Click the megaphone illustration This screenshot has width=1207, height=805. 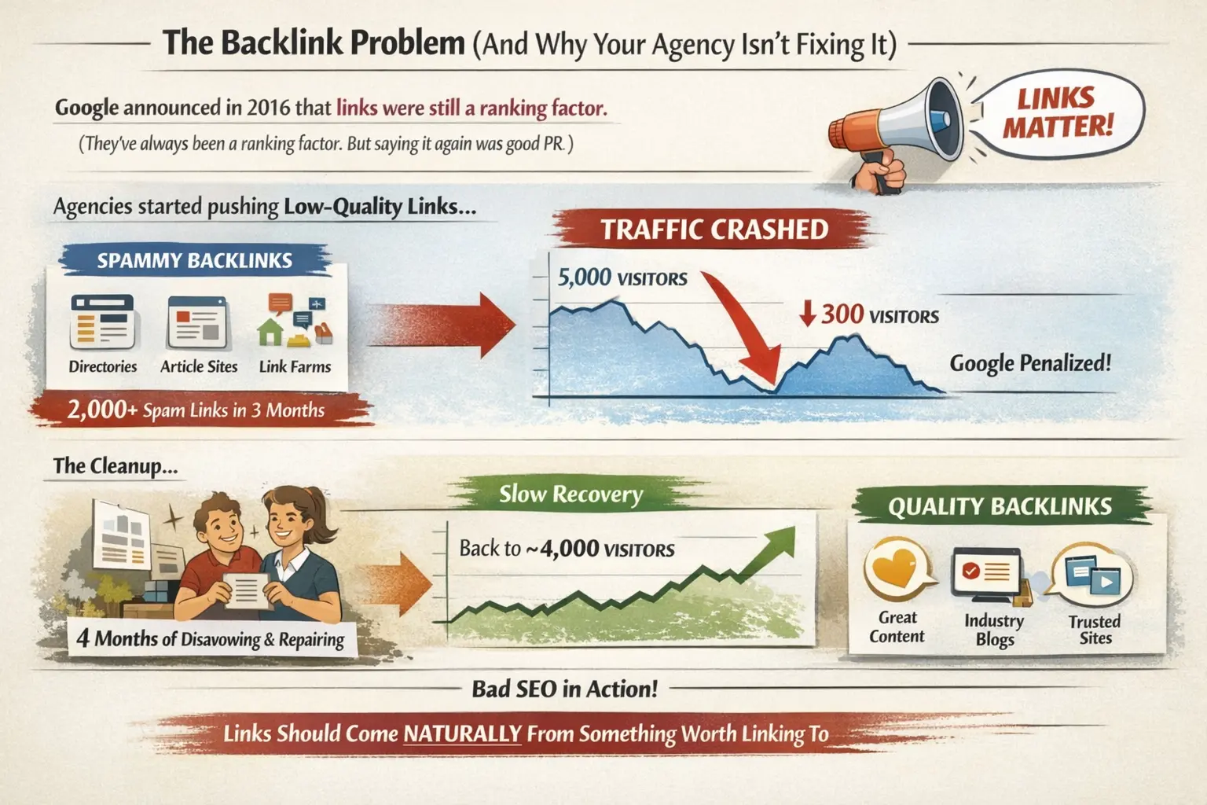(904, 126)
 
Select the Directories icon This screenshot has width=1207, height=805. (102, 322)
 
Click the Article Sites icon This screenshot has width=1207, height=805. (197, 322)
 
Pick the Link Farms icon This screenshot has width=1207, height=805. (295, 322)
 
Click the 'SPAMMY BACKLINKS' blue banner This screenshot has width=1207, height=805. (194, 261)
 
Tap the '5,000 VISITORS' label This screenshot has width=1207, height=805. (622, 278)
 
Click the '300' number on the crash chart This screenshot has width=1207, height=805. (842, 314)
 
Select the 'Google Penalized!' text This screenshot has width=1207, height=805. (1030, 363)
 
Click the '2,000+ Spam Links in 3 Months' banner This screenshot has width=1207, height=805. (196, 410)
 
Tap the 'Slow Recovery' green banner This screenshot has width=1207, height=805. (570, 494)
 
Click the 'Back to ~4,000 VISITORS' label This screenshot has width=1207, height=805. (567, 548)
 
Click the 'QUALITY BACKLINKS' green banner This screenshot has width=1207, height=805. (1000, 506)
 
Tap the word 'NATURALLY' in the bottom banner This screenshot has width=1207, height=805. (462, 733)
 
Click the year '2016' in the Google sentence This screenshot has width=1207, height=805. (268, 108)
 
